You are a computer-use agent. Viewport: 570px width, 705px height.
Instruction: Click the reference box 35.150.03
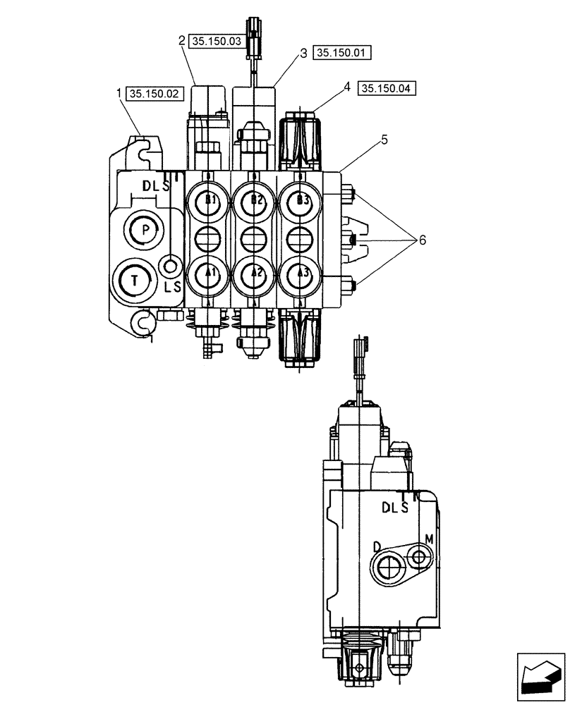coord(216,42)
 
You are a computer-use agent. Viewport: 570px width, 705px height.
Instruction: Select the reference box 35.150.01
coord(343,53)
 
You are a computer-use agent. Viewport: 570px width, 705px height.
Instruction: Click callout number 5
coord(384,140)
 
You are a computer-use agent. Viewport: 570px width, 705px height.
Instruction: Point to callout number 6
coord(422,240)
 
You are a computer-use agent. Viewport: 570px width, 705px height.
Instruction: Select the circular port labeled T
coord(135,280)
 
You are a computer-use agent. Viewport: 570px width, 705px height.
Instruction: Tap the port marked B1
coord(209,200)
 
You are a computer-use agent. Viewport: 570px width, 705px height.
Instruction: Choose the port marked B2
coord(255,200)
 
